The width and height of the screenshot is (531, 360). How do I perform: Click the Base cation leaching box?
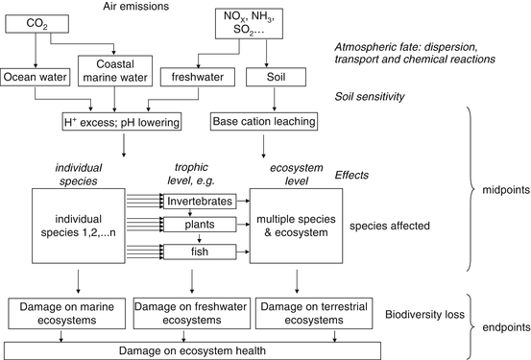click(x=261, y=122)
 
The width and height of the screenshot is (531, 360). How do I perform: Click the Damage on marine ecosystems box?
click(x=68, y=313)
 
